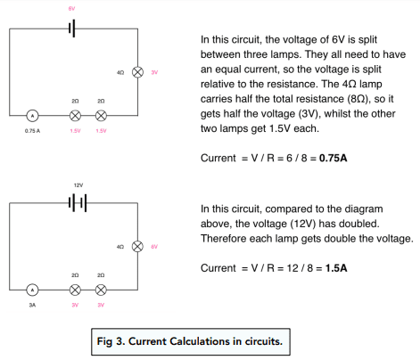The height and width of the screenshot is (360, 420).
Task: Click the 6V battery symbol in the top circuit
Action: coord(72,29)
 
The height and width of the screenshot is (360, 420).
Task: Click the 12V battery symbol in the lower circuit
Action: coord(78,203)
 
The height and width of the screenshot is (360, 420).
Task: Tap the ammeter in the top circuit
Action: coord(32,116)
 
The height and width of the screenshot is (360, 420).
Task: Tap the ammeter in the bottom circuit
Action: coord(32,290)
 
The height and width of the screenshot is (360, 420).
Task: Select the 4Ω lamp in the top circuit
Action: coord(137,72)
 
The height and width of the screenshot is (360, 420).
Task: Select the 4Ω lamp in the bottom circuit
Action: coord(137,247)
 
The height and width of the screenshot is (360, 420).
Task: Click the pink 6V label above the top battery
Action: coord(71,9)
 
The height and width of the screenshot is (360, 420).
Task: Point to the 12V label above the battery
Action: coord(78,185)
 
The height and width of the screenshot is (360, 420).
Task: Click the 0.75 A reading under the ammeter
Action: coord(32,131)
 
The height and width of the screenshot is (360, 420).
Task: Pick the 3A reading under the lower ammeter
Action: coord(32,305)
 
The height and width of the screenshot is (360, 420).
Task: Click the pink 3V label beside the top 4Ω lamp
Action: coord(154,72)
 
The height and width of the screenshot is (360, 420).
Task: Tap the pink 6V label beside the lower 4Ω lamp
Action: coord(154,247)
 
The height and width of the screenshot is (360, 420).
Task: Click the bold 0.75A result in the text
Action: coord(333,158)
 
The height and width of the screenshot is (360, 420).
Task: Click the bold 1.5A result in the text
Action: coord(336,268)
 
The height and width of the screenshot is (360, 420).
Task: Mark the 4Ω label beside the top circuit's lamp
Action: coord(120,72)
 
